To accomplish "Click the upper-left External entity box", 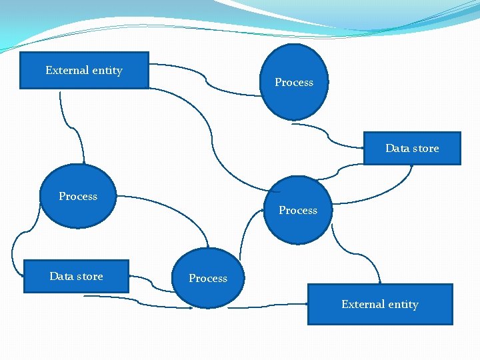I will click(84, 70).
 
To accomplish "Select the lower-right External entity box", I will click(379, 305).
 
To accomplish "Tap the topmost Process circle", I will click(293, 82).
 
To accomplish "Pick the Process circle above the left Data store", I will click(78, 196).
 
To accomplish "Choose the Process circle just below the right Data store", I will click(298, 210).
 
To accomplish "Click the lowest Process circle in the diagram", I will click(208, 278).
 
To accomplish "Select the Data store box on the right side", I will click(412, 148).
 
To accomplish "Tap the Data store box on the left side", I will click(76, 276).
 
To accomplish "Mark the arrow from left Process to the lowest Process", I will click(180, 213).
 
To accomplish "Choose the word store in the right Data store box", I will click(426, 148).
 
